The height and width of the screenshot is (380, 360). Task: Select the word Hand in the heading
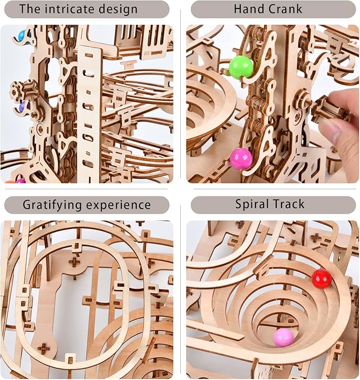pos(247,9)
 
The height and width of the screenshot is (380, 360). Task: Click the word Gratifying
pos(52,205)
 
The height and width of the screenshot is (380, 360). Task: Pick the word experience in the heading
pos(118,205)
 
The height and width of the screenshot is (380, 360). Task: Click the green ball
pos(241,67)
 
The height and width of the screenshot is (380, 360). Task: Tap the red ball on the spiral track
pos(321,279)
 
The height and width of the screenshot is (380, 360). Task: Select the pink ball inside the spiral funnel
pos(284,338)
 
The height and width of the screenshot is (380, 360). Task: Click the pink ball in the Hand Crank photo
pos(241,159)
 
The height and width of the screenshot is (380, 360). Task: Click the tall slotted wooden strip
pos(89,114)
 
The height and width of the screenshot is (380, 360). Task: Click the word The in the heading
pos(30,9)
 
